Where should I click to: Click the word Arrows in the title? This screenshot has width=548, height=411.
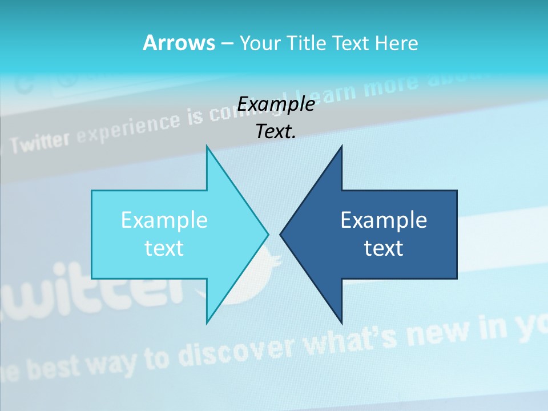pos(179,43)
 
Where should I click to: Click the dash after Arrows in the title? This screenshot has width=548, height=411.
pos(227,44)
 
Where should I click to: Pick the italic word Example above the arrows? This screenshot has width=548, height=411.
pos(276,104)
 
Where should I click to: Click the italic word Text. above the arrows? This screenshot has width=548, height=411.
pos(276,132)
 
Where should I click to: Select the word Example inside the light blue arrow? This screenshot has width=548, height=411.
pos(164,220)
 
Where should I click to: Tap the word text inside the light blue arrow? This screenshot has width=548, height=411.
pos(164,248)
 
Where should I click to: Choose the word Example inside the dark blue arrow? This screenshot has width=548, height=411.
pos(384,220)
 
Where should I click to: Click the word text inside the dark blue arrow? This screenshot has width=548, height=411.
pos(384,248)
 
